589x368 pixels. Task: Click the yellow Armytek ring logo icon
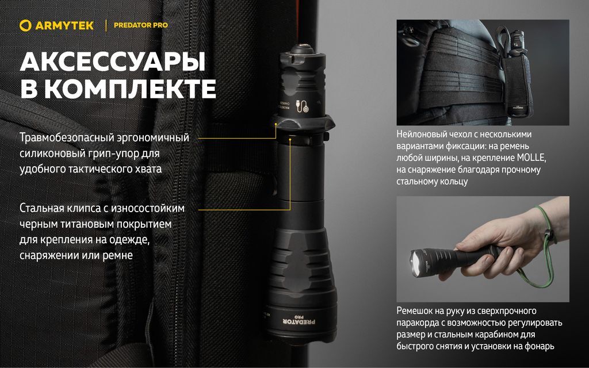[x=25, y=25]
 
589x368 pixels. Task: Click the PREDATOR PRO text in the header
[x=141, y=25]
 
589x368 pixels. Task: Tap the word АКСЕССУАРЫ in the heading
[x=113, y=62]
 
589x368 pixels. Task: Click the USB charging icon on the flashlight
[x=303, y=106]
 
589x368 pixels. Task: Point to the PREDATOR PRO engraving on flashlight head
[x=299, y=320]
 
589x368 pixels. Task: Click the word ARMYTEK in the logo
[x=64, y=25]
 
